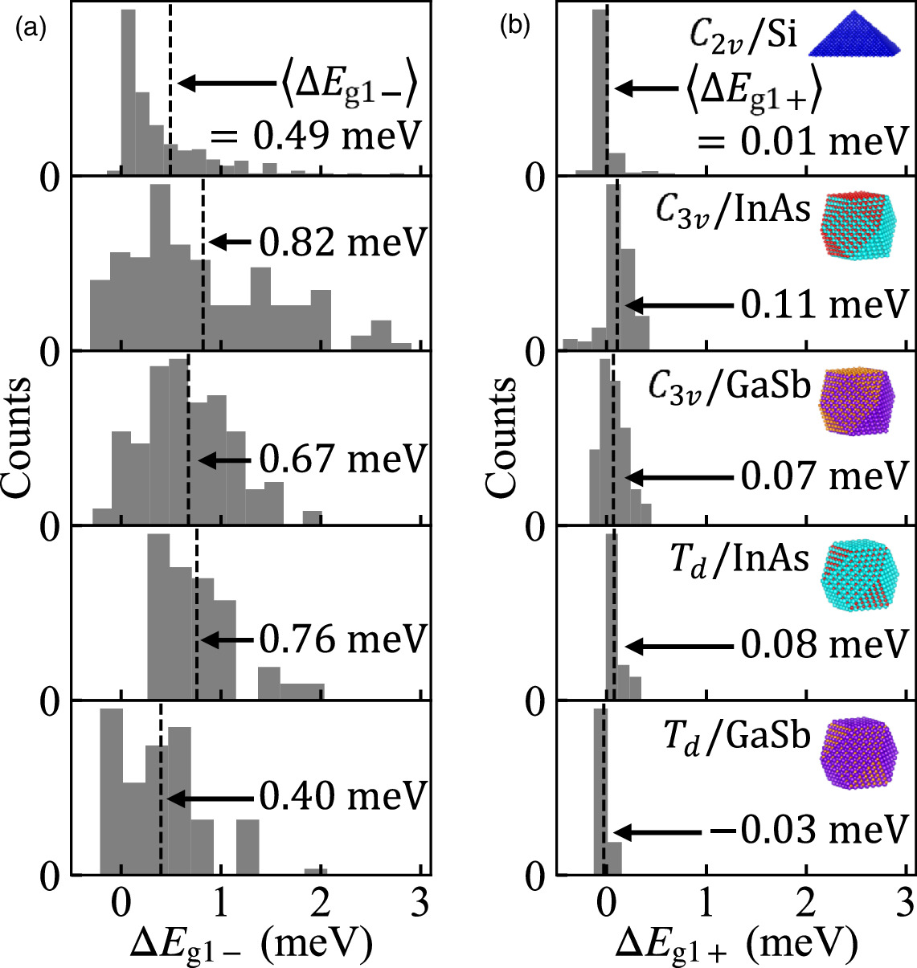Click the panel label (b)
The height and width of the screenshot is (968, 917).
[x=515, y=26]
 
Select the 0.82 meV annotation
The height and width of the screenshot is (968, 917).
[x=342, y=242]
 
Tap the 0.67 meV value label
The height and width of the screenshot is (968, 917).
[x=342, y=459]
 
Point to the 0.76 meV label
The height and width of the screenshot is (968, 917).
[x=342, y=639]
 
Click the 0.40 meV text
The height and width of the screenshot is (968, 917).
[x=342, y=797]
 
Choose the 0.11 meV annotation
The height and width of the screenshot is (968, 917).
[x=824, y=304]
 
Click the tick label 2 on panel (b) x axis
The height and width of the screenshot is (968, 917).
[x=804, y=905]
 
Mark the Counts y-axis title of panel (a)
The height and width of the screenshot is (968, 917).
[x=18, y=438]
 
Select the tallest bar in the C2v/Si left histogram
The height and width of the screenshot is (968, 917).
[x=128, y=92]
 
